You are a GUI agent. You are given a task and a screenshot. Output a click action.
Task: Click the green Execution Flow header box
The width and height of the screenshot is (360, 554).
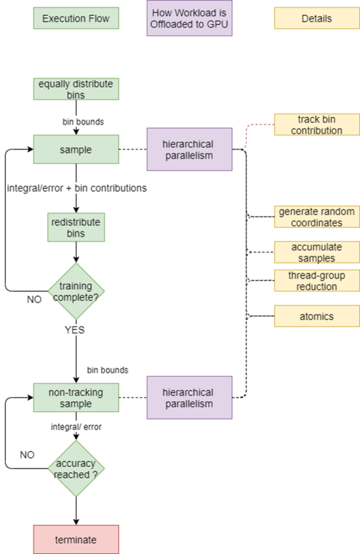point(76,18)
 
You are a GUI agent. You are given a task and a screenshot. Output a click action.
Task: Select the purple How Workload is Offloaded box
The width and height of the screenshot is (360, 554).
point(189,18)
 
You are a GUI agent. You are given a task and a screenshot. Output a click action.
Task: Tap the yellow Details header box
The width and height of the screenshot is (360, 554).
point(317,18)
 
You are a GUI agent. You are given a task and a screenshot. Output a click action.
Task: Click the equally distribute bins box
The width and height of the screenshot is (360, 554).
point(76,89)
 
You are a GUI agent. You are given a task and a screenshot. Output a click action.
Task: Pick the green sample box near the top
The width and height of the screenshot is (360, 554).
point(76,149)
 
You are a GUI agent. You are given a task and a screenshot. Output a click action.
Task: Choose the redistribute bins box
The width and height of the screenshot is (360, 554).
point(76,227)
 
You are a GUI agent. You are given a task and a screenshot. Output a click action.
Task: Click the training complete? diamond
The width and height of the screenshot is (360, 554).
point(76,291)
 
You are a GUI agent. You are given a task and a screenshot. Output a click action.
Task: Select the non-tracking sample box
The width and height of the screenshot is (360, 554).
point(76,398)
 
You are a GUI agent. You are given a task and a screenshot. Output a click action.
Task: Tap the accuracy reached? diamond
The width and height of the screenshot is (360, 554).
point(76,469)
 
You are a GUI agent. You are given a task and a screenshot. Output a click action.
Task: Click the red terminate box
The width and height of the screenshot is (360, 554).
point(76,539)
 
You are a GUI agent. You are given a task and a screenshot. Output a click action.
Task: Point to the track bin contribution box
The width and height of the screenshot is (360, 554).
point(317,124)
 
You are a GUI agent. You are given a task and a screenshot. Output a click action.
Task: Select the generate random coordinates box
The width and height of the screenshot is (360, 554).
point(317,216)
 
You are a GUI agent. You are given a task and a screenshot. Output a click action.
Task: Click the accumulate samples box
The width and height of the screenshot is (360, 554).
point(317,252)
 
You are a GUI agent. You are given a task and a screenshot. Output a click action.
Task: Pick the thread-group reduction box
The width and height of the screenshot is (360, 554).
point(317,281)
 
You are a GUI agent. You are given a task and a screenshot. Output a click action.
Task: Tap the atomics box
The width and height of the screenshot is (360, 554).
point(317,316)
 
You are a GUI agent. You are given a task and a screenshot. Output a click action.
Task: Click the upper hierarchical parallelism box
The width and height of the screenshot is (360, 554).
point(189,149)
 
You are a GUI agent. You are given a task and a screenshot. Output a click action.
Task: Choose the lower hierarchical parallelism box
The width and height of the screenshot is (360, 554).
point(189,398)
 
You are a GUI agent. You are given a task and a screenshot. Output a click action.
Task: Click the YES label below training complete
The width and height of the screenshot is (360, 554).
point(75,329)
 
